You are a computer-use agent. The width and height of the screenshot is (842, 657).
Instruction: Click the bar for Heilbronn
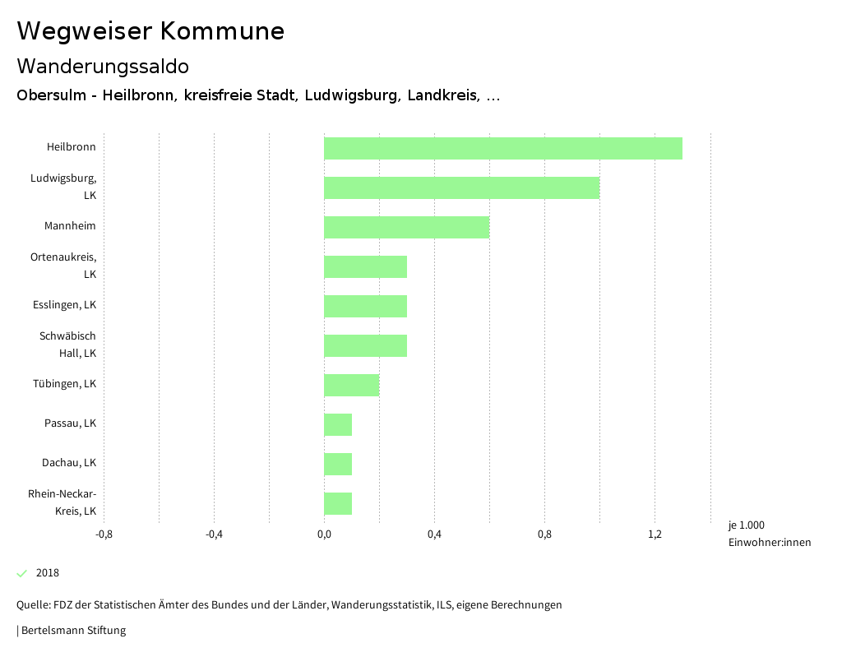point(502,148)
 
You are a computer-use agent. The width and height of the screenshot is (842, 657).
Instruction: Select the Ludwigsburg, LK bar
point(461,187)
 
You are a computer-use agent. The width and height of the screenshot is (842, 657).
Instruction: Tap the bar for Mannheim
point(406,227)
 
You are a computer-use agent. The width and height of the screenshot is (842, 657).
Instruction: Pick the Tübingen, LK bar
point(351,385)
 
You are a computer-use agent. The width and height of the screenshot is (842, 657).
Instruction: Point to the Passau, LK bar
point(338,424)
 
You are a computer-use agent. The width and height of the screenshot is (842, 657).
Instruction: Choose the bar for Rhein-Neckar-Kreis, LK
point(338,503)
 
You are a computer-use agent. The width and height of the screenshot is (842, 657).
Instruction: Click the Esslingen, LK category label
point(64,305)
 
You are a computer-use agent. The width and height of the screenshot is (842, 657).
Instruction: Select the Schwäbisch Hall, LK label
point(68,345)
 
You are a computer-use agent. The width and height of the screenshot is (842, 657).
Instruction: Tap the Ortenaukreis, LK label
point(63,266)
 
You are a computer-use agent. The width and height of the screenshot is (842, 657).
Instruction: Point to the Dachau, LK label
point(69,463)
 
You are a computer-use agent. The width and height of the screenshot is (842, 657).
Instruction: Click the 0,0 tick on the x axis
point(324,534)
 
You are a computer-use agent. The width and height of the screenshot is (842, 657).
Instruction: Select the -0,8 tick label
point(104,534)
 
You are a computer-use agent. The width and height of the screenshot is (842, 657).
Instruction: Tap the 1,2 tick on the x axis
point(655,534)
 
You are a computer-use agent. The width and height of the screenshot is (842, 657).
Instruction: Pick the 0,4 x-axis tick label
point(434,534)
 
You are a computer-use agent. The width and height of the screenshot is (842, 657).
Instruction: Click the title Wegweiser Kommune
point(150,31)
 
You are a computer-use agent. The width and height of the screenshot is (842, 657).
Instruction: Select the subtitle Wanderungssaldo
point(103,66)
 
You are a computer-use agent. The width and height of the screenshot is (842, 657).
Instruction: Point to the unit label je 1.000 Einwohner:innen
point(769,534)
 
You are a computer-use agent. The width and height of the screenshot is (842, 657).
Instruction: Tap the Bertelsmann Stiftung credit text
point(73,631)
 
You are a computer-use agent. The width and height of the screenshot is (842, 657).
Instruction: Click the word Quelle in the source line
point(32,605)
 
